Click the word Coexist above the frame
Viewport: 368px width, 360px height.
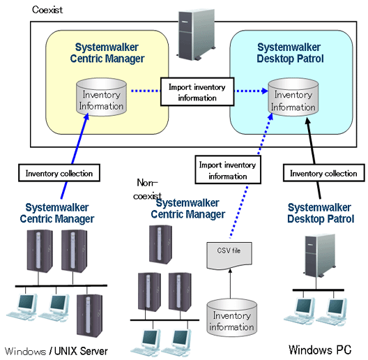coord(47,10)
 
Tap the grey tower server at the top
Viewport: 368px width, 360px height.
coord(196,35)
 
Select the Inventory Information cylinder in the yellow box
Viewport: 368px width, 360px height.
coord(101,97)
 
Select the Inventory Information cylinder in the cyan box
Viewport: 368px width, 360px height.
coord(293,97)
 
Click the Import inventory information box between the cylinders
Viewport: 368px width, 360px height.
coord(197,92)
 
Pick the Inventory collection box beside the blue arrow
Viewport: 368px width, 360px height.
coord(59,173)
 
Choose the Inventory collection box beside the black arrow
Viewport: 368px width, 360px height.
coord(324,173)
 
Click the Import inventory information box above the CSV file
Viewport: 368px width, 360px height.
coord(228,170)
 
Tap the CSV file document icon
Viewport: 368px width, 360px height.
coord(229,255)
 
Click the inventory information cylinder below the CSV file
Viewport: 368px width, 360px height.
coord(231,318)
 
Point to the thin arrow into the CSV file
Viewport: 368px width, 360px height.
coord(230,284)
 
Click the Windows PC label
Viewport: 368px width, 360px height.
coord(320,350)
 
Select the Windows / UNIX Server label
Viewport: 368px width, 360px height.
coord(56,351)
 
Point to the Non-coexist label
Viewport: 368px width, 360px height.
coord(147,189)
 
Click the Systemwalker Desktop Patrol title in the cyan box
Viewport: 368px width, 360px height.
coord(290,53)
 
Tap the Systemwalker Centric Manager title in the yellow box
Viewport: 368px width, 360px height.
coord(107,53)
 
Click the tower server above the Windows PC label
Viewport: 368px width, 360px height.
coord(321,255)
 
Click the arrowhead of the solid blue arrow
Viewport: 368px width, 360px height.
coord(86,117)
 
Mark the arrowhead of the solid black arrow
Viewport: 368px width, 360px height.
coord(307,121)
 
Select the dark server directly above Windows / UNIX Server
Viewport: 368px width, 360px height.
coord(89,315)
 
